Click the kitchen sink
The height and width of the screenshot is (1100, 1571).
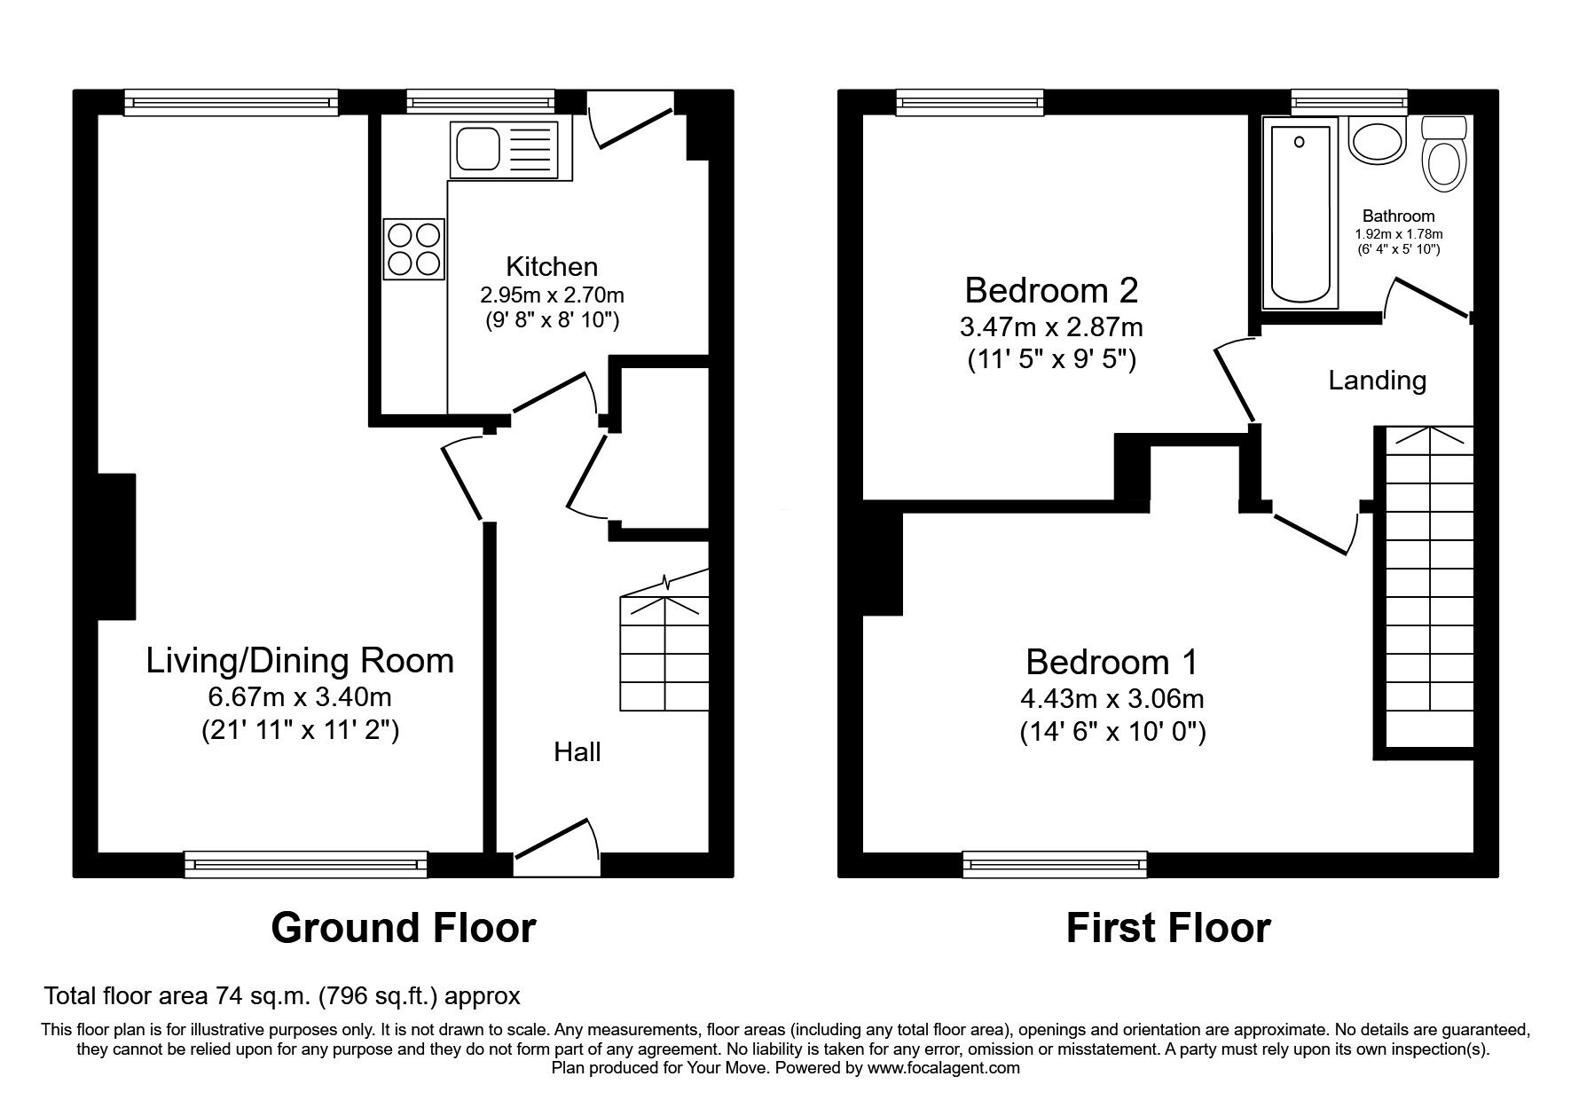506,149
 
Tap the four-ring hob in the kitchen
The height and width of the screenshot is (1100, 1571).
414,249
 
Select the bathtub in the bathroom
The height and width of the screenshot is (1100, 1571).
1300,216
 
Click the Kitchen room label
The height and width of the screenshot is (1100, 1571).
552,266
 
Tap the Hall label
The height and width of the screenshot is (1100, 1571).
577,752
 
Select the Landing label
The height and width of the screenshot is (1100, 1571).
1377,381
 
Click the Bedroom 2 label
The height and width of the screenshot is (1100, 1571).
1051,290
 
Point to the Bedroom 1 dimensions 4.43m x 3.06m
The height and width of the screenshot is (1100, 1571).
1112,699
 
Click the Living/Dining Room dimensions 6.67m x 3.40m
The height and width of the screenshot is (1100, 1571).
299,697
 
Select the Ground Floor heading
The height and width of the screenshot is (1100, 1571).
404,928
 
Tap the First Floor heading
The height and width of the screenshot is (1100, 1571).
1168,928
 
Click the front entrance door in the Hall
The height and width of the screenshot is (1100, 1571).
556,839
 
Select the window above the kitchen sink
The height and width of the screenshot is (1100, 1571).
481,102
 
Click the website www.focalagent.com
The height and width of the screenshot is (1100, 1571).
944,1068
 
